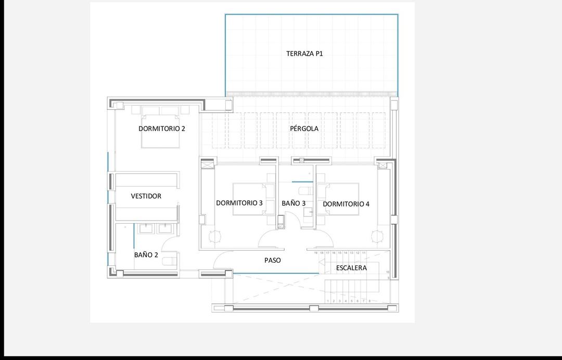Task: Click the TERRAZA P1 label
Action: (304, 54)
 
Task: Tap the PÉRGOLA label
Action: (304, 128)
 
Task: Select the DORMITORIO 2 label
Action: (162, 128)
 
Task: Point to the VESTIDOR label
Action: (146, 196)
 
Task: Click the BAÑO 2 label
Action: (146, 255)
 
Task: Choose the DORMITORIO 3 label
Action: (239, 203)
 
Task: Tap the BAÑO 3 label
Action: (293, 203)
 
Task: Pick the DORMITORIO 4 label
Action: (346, 204)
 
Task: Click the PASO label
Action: (272, 260)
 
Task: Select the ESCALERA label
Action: (351, 268)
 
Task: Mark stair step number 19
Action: (316, 253)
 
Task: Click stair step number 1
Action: (328, 301)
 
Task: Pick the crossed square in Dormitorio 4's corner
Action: (384, 165)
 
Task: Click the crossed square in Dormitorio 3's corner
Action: (208, 165)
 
